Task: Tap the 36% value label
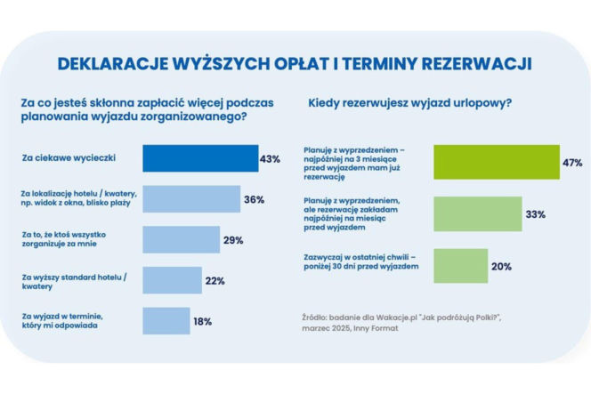(x=254, y=199)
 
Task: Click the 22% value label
(x=215, y=281)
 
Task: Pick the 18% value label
(x=202, y=321)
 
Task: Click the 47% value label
(x=571, y=163)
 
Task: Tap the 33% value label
(x=534, y=214)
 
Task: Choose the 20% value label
(x=501, y=266)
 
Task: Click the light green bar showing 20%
(x=460, y=266)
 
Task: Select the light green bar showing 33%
(x=477, y=214)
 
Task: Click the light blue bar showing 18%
(x=166, y=321)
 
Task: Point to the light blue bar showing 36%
(x=191, y=199)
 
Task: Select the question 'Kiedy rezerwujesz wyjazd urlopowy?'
(x=409, y=103)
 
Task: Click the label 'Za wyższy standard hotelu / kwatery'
(x=74, y=281)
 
